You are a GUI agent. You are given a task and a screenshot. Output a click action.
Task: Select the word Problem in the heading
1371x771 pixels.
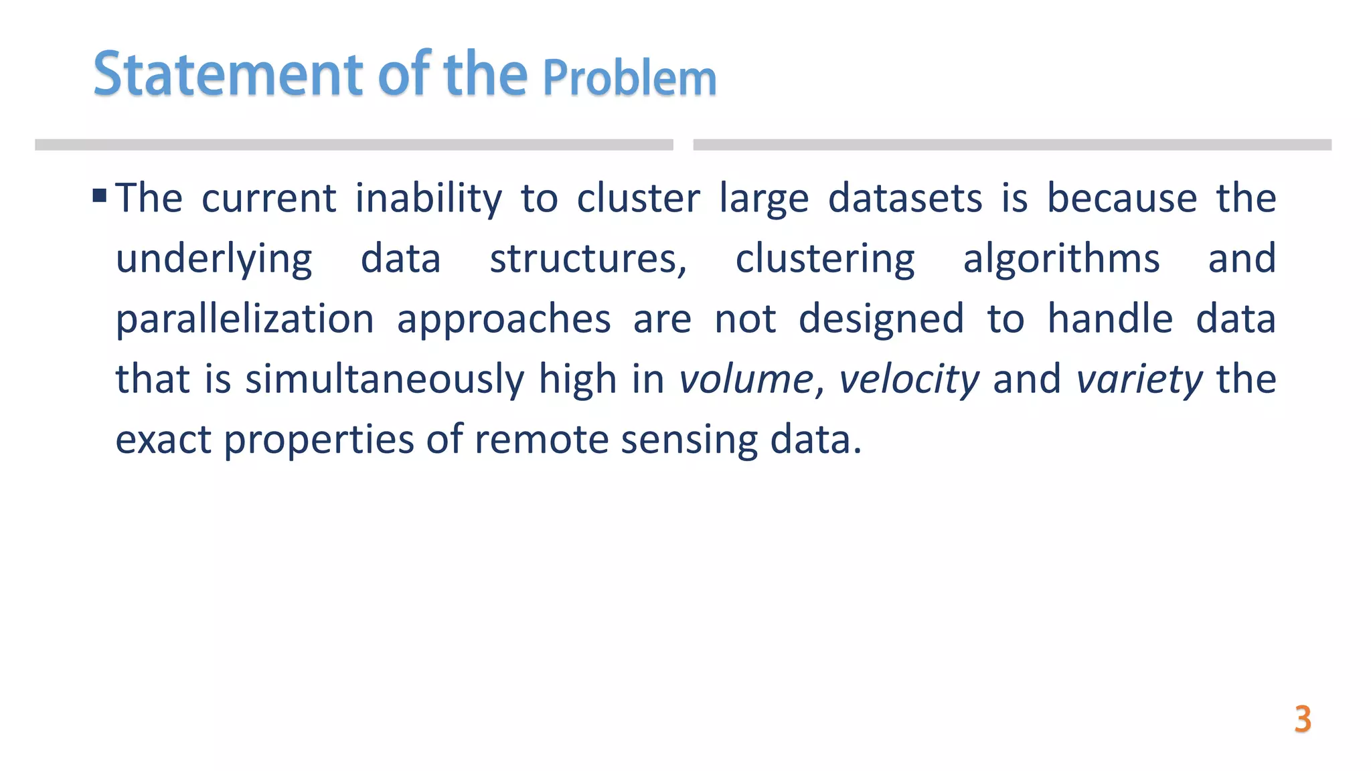[629, 78]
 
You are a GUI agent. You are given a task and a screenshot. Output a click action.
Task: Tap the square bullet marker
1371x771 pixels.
[100, 195]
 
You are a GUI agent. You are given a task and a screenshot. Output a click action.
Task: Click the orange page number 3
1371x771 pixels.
[1302, 719]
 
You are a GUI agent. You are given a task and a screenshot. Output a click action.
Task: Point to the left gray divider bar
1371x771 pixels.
[353, 145]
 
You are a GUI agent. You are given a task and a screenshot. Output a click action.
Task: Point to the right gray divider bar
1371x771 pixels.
[1012, 145]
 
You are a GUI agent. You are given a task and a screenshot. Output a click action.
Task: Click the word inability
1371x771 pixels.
[428, 199]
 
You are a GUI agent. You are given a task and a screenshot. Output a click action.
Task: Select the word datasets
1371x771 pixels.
[905, 199]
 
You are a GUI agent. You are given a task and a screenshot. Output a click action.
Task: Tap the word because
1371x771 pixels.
[1122, 199]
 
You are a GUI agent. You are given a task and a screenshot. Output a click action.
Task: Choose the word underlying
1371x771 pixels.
[214, 259]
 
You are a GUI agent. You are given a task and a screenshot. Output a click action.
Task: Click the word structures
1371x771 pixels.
[588, 259]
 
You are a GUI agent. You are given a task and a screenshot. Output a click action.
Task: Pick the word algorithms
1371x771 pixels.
[1061, 259]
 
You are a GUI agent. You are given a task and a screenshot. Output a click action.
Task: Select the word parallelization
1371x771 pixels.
[245, 319]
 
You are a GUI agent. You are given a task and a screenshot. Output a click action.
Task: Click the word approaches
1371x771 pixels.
[503, 319]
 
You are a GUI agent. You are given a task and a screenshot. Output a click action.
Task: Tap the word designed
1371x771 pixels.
[881, 319]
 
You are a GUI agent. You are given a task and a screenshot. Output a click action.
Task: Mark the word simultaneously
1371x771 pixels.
[384, 379]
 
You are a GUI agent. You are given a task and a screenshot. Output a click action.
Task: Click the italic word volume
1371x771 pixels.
[746, 379]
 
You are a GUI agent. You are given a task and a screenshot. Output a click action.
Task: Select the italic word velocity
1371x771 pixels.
[908, 379]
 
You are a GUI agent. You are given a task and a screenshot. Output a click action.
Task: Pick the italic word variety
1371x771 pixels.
[1139, 379]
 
